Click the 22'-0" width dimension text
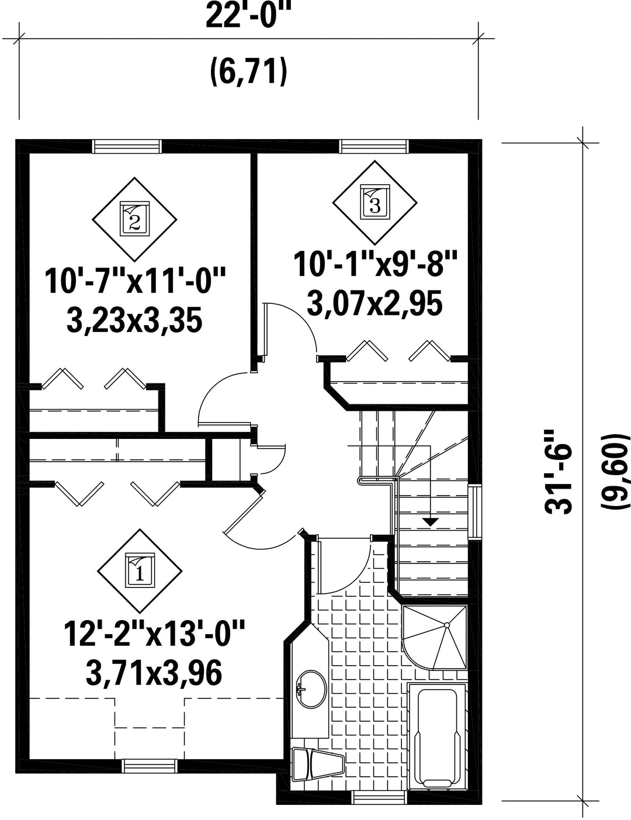[249, 15]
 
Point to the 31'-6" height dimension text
[558, 472]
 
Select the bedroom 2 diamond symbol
[134, 220]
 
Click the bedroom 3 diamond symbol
[375, 203]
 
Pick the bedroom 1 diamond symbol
[140, 571]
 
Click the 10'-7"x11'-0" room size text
[135, 281]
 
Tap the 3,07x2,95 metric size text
[374, 305]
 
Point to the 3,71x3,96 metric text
[154, 674]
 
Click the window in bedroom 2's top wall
[127, 147]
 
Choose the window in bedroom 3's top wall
[374, 147]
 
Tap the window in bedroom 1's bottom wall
[150, 766]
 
